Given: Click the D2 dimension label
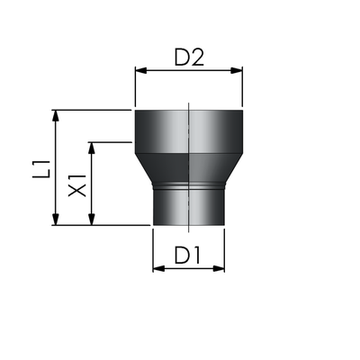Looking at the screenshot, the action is pos(189,58).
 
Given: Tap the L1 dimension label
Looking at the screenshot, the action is pos(41,170).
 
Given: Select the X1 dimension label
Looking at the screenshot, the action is pos(77,185).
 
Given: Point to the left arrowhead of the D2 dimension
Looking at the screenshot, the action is pos(141,70).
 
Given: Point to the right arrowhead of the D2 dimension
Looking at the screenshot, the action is pos(237,70).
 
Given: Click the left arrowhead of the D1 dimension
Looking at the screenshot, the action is pos(158,268).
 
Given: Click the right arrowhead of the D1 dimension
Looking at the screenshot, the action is pos(219,268).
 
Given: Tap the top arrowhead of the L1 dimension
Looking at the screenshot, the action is pos(55,116).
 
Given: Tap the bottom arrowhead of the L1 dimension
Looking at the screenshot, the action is pos(55,219).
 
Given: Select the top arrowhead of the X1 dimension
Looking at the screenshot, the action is pos(92,148).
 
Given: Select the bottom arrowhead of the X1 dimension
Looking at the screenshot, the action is pos(92,219).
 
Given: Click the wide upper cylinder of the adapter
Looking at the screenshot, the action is pos(189,132).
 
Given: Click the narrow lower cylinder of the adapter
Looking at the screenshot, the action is pos(189,208).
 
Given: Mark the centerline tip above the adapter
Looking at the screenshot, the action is pos(189,103).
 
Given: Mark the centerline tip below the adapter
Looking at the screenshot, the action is pos(189,232).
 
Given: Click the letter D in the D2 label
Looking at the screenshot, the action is pos(182,58).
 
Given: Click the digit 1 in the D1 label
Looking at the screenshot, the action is pos(196,256).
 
